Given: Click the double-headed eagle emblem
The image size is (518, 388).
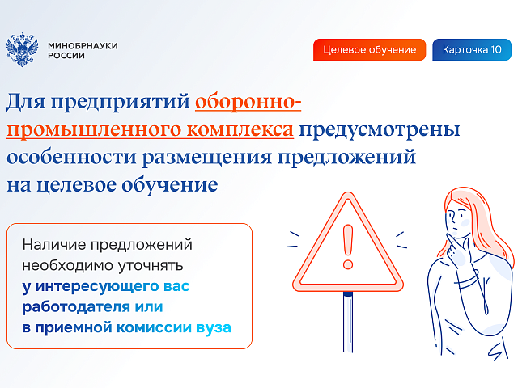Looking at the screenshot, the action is (x=22, y=50).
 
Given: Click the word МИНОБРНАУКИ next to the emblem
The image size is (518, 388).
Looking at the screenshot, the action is (x=83, y=45).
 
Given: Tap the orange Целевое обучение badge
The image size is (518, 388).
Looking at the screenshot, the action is (x=369, y=50).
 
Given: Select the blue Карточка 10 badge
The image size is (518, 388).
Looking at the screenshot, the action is (x=472, y=50).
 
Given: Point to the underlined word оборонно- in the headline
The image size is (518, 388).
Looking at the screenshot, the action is (x=248, y=101).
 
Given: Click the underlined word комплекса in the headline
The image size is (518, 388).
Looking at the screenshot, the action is (x=240, y=129).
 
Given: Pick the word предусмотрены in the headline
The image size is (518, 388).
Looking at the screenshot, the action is (x=380, y=130).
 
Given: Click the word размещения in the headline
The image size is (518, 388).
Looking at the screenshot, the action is (x=207, y=158).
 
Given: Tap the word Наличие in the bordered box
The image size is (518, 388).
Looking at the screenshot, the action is (x=54, y=245).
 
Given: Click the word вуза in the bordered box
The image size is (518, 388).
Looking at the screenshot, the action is (x=214, y=328).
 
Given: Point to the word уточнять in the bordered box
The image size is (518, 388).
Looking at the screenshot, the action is (x=151, y=266).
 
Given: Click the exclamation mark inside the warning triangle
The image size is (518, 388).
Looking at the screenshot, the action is (x=348, y=247).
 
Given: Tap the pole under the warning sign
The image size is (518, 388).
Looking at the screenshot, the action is (x=348, y=322).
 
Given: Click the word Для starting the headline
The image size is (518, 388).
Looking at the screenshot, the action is (x=26, y=102).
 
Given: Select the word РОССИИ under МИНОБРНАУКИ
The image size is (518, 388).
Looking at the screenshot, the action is (x=66, y=56).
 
